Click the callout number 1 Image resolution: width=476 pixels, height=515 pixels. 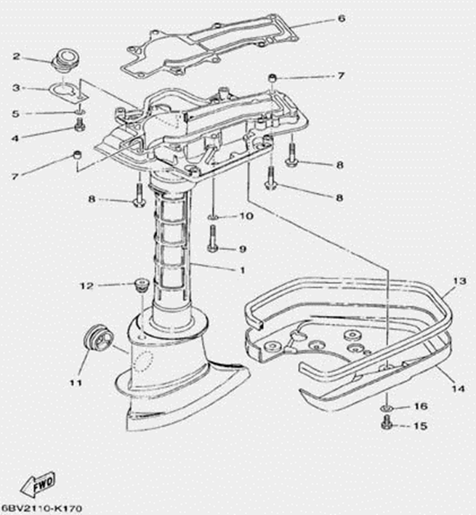241,270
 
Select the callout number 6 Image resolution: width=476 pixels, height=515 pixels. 342,18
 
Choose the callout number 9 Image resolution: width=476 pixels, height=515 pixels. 242,248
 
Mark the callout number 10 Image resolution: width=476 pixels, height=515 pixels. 246,216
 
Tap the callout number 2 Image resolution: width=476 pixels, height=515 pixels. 16,57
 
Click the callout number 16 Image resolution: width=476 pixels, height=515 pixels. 420,406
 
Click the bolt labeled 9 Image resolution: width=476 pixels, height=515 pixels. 213,238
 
